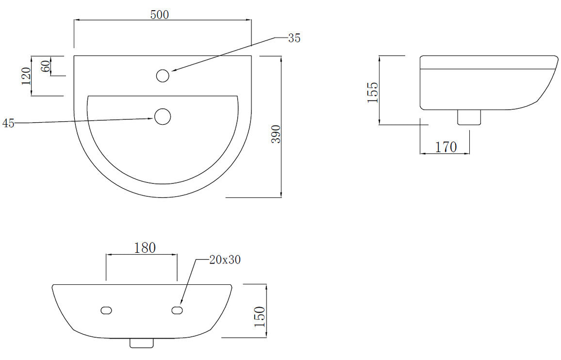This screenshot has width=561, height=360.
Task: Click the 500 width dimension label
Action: click(159, 15)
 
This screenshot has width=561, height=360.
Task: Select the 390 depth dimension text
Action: click(275, 134)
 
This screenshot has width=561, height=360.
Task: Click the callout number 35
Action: click(294, 38)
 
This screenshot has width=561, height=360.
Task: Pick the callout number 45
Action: click(8, 123)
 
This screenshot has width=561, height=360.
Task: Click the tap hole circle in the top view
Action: click(163, 75)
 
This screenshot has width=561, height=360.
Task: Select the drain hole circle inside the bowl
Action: click(163, 116)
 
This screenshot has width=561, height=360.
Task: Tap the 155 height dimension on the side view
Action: click(372, 92)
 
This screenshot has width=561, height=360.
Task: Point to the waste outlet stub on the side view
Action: click(469, 117)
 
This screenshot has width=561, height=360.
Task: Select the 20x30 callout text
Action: click(225, 260)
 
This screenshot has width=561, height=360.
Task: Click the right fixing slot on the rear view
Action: click(177, 310)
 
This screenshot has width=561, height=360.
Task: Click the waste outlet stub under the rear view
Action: click(142, 343)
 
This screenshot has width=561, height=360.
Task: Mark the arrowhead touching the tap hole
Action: click(172, 71)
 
